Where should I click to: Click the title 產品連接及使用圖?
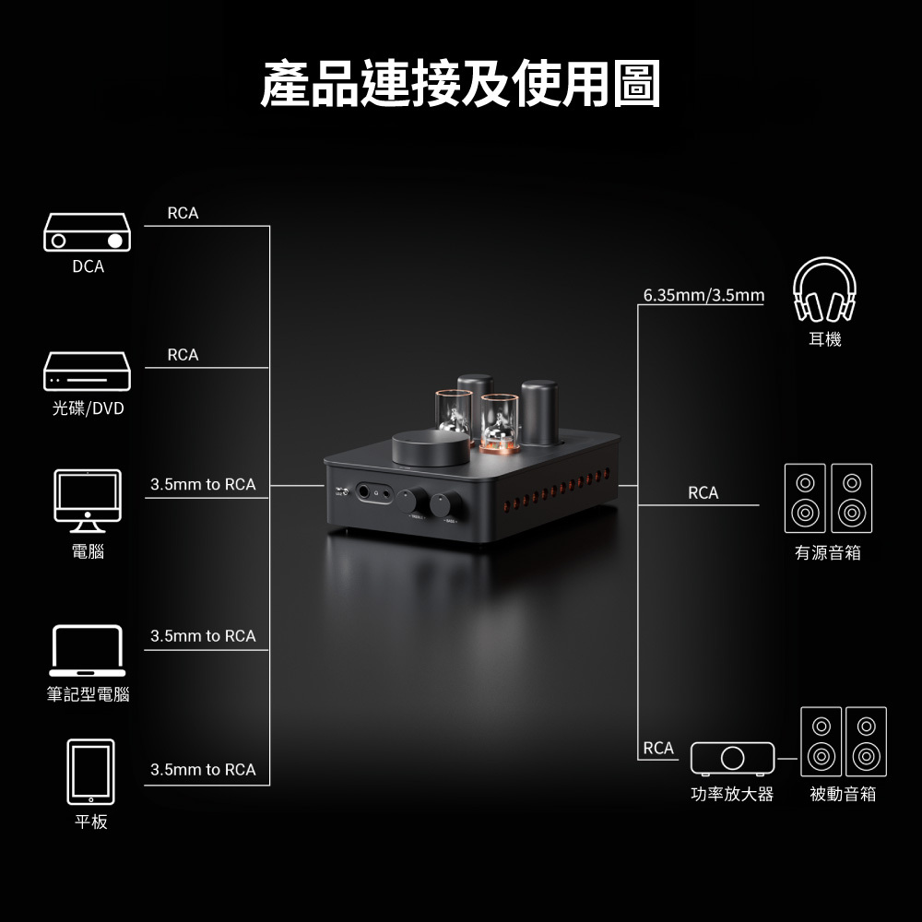(460, 84)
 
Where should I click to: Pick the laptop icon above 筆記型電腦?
(88, 651)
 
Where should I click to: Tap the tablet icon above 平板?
(90, 772)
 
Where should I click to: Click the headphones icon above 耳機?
(825, 290)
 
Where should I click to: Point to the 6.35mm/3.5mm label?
(703, 295)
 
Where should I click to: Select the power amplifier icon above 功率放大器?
(732, 758)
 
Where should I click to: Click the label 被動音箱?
(843, 794)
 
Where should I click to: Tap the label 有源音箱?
(828, 553)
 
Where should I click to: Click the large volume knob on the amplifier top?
(431, 448)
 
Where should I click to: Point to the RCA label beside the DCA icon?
(183, 213)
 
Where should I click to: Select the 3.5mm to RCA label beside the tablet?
(203, 770)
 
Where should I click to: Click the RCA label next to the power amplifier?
(658, 748)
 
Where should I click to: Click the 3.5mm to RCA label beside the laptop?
(203, 636)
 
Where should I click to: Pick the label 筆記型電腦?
(88, 694)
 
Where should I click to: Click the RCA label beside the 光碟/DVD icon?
(183, 355)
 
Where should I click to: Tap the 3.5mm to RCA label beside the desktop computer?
(203, 484)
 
